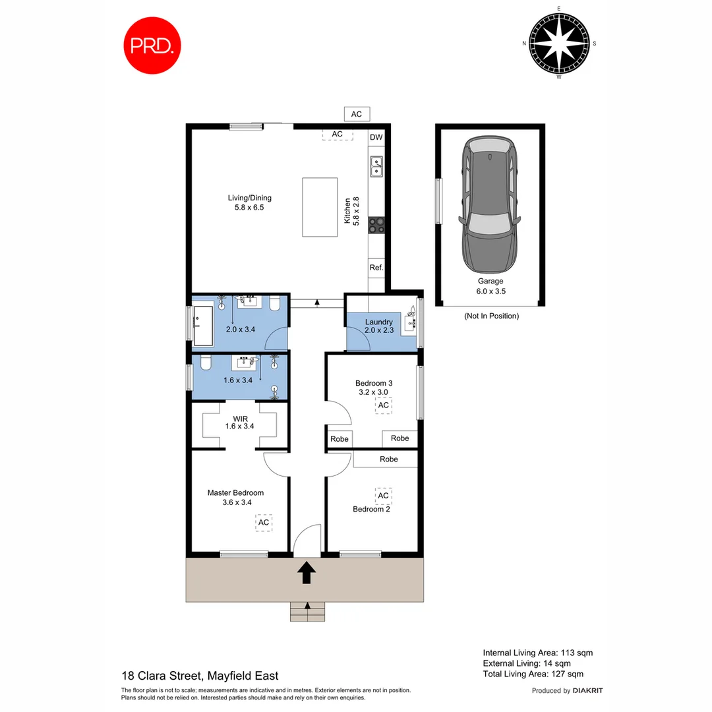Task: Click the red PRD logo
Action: click(x=152, y=45)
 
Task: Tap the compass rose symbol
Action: click(x=559, y=44)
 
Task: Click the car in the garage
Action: click(x=490, y=205)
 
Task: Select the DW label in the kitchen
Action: click(x=376, y=138)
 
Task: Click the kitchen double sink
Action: click(x=376, y=167)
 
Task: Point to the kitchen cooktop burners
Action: click(x=376, y=225)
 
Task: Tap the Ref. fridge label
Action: click(x=376, y=268)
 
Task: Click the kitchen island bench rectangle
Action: click(x=320, y=207)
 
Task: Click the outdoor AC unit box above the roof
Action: click(x=357, y=114)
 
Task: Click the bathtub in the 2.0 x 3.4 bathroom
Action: click(x=202, y=325)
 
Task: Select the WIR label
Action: click(x=239, y=421)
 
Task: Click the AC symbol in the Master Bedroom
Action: click(x=264, y=523)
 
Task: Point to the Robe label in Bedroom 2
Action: click(x=388, y=459)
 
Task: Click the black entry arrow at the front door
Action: click(x=306, y=572)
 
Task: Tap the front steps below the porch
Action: click(x=307, y=611)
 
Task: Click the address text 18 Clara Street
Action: click(x=200, y=676)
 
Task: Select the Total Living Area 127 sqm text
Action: click(x=533, y=674)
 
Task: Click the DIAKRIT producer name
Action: click(x=587, y=691)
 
